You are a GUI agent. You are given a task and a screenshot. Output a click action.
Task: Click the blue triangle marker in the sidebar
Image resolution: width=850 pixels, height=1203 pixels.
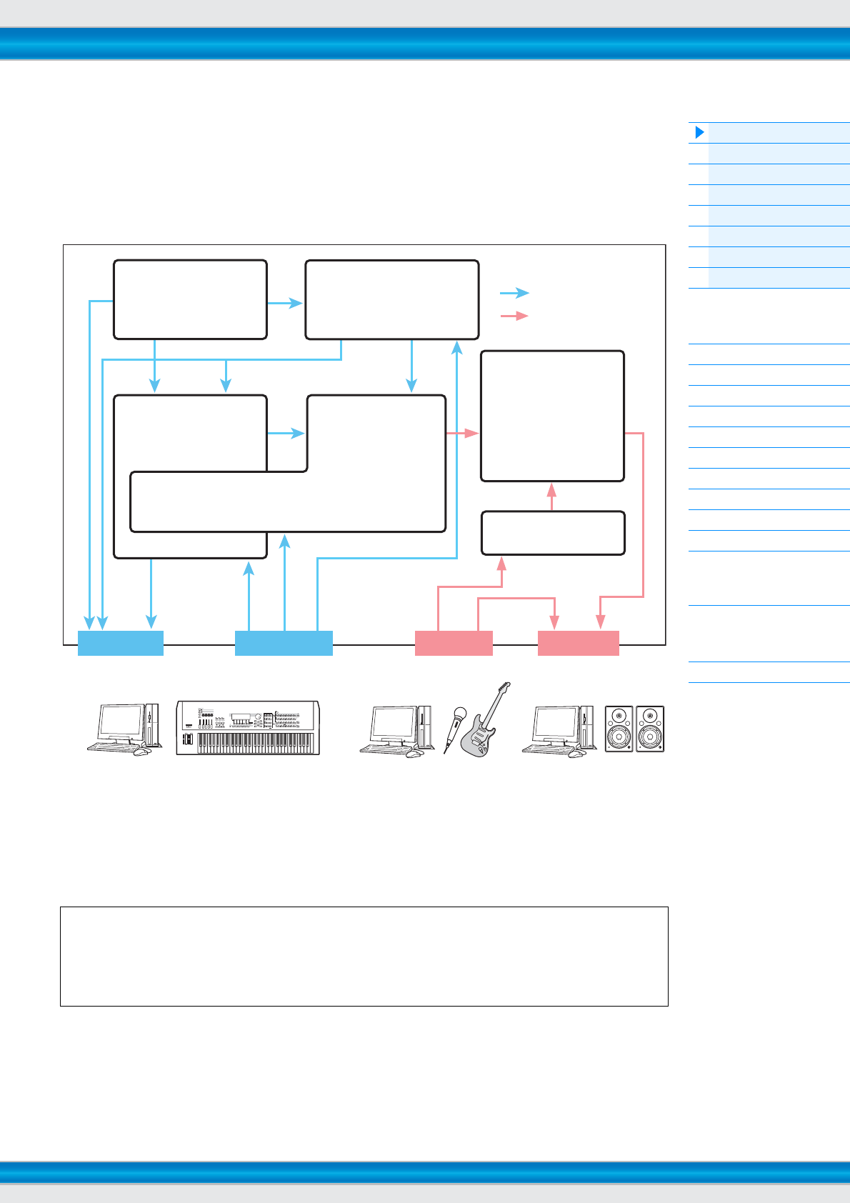(x=700, y=132)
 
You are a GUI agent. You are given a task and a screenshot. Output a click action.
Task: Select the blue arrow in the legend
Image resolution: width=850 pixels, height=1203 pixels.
(x=514, y=293)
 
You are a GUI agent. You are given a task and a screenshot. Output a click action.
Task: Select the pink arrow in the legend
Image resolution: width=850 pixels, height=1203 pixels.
(x=514, y=316)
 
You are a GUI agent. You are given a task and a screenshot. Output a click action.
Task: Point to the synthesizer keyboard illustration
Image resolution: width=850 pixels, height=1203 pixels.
(x=248, y=727)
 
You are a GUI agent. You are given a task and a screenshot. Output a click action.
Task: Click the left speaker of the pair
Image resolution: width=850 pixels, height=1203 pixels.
(x=619, y=729)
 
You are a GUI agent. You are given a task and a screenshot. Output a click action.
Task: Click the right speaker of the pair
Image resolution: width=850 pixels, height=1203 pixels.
(x=650, y=729)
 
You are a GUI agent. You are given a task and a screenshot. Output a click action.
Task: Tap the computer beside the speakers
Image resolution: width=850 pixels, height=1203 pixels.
(x=559, y=730)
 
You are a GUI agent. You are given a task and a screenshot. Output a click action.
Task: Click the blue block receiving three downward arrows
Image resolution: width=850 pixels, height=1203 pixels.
(x=120, y=643)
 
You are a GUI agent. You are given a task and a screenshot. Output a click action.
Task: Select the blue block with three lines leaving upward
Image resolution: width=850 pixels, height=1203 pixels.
(x=284, y=643)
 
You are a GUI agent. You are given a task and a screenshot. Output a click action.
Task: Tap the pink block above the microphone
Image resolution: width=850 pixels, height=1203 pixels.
(x=454, y=643)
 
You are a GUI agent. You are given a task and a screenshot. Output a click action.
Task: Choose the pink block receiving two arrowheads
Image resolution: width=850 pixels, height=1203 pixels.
(x=578, y=643)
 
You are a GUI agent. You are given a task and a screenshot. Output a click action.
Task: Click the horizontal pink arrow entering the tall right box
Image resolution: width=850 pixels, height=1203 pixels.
(x=462, y=433)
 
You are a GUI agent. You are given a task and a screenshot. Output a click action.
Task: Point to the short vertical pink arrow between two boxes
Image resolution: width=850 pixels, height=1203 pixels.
(x=552, y=496)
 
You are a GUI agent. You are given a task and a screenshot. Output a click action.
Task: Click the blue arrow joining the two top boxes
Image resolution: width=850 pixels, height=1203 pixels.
(x=286, y=303)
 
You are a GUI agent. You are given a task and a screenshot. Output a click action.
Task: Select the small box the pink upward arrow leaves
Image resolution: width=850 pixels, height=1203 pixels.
(x=553, y=533)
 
